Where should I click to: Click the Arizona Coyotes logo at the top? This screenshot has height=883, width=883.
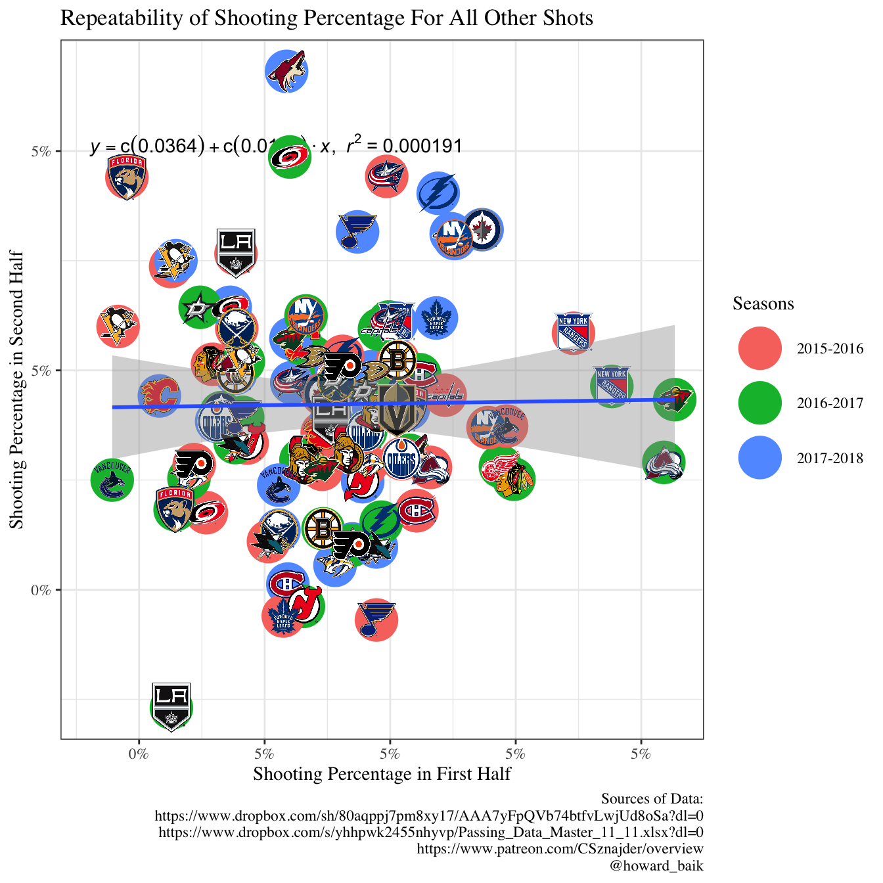pos(287,71)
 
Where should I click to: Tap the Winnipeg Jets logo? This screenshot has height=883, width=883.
pos(483,230)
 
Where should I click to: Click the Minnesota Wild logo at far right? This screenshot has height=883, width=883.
pos(675,399)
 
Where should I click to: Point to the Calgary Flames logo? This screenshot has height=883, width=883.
pos(160,395)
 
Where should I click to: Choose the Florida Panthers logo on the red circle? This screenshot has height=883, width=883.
pos(127,176)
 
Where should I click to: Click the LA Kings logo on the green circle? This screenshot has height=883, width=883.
pos(171,706)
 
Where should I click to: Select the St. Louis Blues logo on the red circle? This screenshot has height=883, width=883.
pos(376,619)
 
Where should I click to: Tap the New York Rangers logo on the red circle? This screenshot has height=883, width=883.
pos(574,332)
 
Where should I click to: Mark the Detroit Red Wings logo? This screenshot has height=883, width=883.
pos(501,466)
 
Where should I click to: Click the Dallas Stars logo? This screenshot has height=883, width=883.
pos(198,307)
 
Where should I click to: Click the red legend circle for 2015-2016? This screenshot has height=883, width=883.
pos(759,348)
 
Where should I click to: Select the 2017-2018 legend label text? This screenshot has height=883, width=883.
pos(830,458)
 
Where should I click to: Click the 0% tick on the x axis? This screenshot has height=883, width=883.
pos(139,753)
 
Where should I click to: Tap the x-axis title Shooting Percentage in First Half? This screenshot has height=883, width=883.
pos(382,773)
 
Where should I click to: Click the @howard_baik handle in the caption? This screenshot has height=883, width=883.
pos(656,865)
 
